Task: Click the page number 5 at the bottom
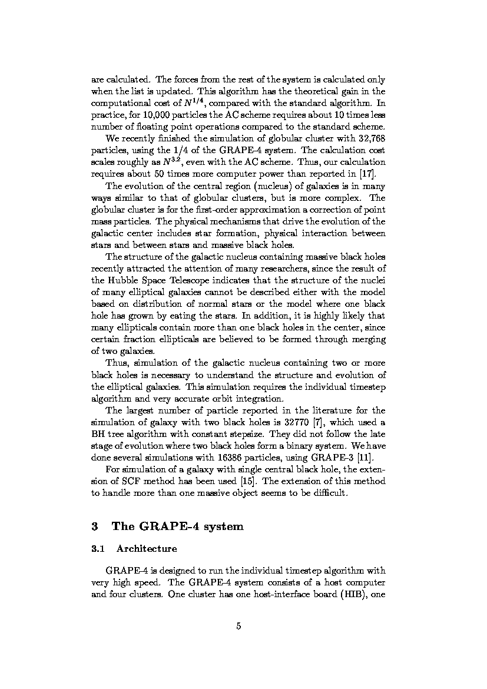(238, 627)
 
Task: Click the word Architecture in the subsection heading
(147, 549)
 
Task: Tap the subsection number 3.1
(98, 549)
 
